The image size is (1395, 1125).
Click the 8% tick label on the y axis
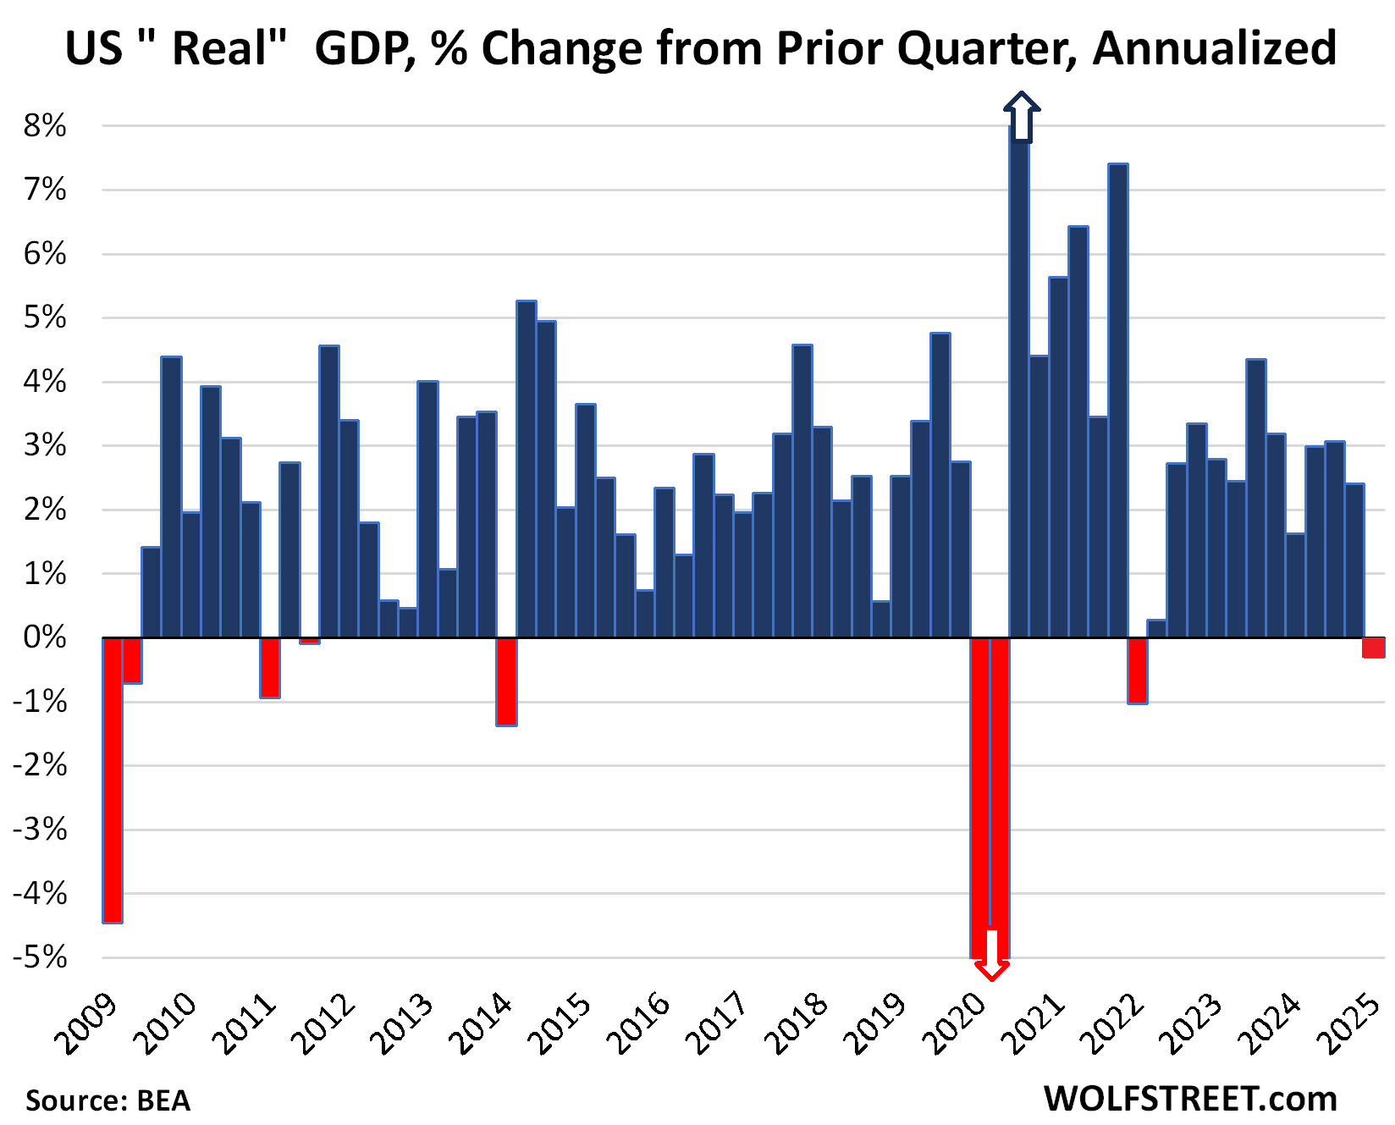click(x=45, y=126)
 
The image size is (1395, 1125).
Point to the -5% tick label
click(x=40, y=957)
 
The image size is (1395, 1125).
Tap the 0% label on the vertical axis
click(x=45, y=637)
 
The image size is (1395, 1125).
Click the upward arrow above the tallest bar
click(x=1022, y=116)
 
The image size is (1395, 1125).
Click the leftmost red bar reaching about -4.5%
click(x=113, y=779)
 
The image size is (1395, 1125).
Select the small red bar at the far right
click(x=1374, y=648)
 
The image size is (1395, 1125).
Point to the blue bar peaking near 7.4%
click(x=1117, y=398)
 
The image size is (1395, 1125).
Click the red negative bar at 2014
click(x=506, y=681)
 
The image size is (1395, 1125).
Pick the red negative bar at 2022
click(x=1138, y=670)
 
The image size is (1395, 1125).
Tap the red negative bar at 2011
click(x=270, y=668)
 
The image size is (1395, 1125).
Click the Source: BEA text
click(x=108, y=1100)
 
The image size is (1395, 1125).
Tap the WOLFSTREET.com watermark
click(x=1190, y=1099)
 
